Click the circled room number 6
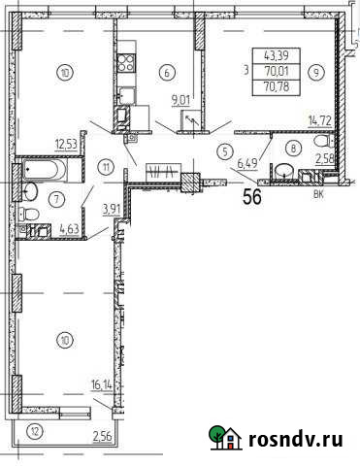pos(169,71)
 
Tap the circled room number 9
pos(317,71)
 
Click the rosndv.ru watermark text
pos(298,440)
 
